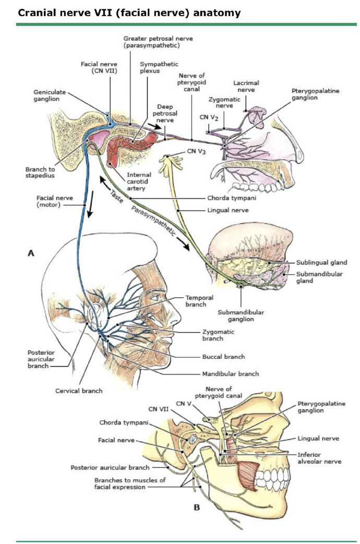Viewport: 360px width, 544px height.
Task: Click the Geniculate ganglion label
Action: click(49, 95)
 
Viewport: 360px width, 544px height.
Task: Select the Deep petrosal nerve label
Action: click(165, 114)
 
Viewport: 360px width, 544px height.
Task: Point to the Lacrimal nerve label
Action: click(246, 86)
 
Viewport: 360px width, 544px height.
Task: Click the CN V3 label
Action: click(196, 151)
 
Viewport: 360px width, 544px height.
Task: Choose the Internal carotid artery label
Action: click(139, 182)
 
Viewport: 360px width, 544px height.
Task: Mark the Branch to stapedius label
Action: click(40, 173)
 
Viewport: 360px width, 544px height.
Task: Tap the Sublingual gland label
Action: click(321, 263)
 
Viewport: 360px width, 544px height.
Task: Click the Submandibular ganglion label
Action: click(241, 316)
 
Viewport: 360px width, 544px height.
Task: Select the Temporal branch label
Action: click(199, 301)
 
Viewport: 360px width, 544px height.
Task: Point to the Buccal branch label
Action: click(224, 357)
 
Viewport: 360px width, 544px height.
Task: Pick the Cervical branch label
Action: click(79, 391)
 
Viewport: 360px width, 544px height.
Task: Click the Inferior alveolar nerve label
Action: click(319, 458)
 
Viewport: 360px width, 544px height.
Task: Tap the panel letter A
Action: click(31, 253)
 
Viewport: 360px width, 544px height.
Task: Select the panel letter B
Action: click(197, 507)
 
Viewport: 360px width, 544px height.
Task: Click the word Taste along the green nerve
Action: click(116, 196)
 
